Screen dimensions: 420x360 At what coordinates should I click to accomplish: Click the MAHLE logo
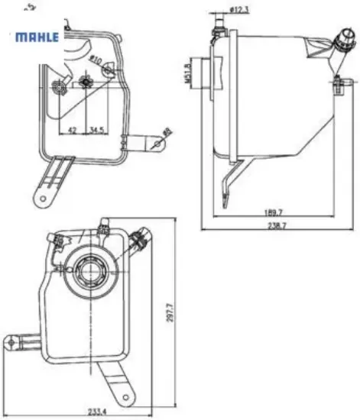click(x=37, y=37)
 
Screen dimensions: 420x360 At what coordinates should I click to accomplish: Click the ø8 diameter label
click(x=168, y=132)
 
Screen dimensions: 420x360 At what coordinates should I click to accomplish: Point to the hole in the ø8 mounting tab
click(x=158, y=142)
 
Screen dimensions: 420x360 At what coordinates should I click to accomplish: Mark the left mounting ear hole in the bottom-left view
click(x=13, y=341)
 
